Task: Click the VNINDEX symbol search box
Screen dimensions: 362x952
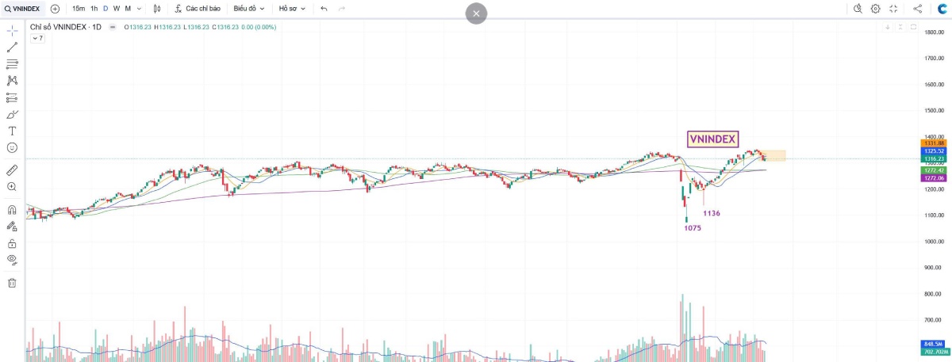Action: pos(23,9)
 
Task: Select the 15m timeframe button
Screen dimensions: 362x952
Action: pos(78,9)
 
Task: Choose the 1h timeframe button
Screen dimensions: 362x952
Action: pos(94,9)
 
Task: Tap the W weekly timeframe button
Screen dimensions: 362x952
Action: pos(116,9)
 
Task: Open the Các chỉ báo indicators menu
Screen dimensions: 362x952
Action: pos(198,9)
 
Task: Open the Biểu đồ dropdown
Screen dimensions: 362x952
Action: pos(248,9)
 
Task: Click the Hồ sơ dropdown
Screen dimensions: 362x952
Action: pos(292,9)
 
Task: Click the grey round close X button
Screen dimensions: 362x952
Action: pos(476,13)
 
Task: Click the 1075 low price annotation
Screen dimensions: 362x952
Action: pos(693,228)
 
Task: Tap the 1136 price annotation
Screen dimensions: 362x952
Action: pos(712,213)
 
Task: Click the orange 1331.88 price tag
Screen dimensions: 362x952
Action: pos(932,143)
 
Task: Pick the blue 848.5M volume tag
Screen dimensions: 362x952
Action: pos(932,343)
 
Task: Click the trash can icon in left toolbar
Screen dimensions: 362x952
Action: pos(12,283)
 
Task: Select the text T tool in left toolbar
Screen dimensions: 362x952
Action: pos(12,131)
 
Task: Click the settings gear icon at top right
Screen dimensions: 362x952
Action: pos(875,9)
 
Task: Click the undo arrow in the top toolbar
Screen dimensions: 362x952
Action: pos(324,9)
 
